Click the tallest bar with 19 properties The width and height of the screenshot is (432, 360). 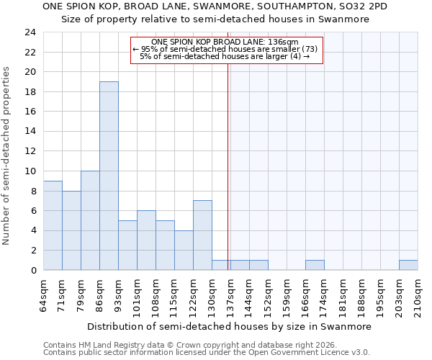tap(109, 176)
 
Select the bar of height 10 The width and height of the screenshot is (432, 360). tap(90, 220)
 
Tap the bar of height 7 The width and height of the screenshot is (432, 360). tap(202, 235)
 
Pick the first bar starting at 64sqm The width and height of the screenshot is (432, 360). tap(53, 225)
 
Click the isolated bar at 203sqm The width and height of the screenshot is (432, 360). tap(408, 265)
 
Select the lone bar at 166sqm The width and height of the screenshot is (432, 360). tap(315, 265)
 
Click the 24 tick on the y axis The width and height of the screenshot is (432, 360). tap(30, 32)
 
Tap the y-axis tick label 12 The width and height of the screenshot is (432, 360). tap(30, 151)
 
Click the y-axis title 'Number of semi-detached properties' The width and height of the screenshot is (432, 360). tap(7, 156)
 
